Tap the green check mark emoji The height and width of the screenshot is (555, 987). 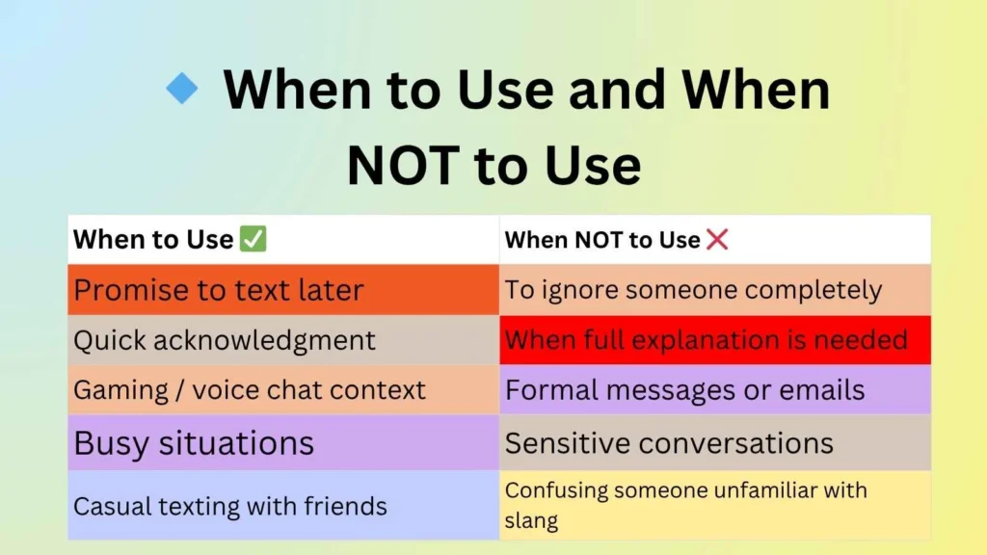pos(253,240)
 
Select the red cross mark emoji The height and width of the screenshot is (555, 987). pos(717,240)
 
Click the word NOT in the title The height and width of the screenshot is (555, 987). pos(403,165)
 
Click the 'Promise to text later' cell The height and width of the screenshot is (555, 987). pos(283,290)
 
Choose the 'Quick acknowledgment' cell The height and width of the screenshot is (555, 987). pos(283,340)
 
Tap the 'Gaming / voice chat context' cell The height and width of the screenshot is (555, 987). pos(283,390)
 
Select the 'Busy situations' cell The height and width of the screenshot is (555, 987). pos(283,443)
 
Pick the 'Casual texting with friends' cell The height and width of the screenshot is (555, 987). pos(283,506)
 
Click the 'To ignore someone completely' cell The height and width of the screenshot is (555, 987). pos(715,290)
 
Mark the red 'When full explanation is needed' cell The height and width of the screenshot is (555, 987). pos(715,340)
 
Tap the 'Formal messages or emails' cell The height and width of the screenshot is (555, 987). pos(715,390)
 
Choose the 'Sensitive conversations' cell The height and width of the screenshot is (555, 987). pos(715,443)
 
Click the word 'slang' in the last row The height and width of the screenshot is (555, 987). pos(531,521)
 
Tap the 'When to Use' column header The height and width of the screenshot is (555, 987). pos(154,240)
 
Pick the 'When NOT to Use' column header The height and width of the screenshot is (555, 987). pos(602,240)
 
